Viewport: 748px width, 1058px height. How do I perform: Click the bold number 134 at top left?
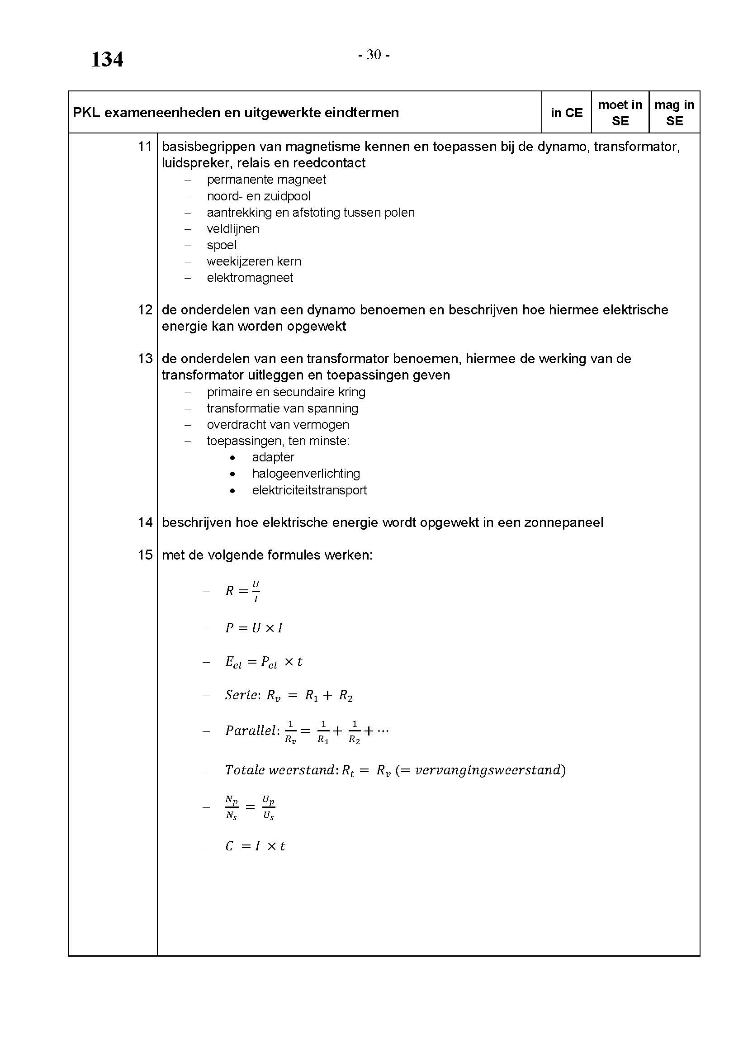(107, 59)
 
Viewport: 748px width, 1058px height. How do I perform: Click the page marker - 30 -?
(374, 55)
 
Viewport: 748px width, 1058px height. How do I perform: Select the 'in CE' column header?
(566, 113)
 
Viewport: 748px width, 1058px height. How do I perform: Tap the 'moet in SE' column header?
(620, 113)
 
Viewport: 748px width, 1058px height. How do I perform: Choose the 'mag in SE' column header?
(674, 113)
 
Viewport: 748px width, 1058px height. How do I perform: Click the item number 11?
(145, 147)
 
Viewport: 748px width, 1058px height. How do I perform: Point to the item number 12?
(145, 310)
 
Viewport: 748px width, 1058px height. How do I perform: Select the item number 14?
(145, 522)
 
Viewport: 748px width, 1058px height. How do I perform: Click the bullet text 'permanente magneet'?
(266, 180)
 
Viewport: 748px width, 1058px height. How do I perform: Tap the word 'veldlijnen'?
(232, 228)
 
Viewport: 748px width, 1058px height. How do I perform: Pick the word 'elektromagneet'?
(250, 277)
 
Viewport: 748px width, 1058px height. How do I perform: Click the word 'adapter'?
(273, 457)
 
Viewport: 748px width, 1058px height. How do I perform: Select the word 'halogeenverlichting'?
(306, 473)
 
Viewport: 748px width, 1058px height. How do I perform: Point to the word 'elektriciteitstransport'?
(309, 490)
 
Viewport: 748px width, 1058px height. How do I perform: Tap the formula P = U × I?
(254, 628)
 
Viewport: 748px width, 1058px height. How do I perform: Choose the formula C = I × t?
(255, 846)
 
